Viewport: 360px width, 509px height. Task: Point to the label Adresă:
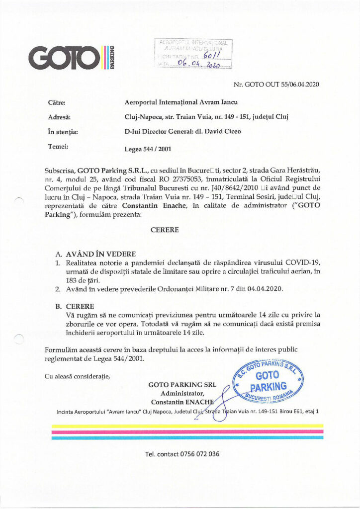click(59, 117)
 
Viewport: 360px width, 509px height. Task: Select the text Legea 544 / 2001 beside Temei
click(148, 148)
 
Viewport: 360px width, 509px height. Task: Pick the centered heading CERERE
click(165, 231)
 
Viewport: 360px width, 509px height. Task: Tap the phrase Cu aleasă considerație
click(77, 376)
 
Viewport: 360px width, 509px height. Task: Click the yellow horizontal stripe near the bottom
click(187, 426)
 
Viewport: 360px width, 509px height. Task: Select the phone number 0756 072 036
click(181, 454)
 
